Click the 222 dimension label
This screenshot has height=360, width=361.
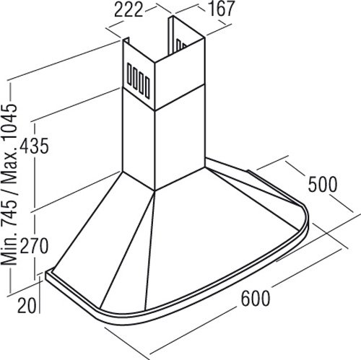[x=129, y=10]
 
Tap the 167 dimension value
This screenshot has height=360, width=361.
[x=221, y=9]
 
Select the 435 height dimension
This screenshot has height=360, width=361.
[x=34, y=146]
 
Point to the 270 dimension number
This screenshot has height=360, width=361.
[x=34, y=246]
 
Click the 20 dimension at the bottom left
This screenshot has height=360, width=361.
[x=27, y=305]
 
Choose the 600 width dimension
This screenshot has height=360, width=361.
[x=256, y=299]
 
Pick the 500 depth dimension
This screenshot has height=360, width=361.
[x=323, y=185]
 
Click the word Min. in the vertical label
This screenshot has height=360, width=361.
[x=9, y=251]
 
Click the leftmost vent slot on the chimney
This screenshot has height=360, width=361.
[x=129, y=74]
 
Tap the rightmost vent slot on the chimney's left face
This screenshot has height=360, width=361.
[x=147, y=87]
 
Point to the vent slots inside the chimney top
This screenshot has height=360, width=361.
[x=181, y=45]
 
